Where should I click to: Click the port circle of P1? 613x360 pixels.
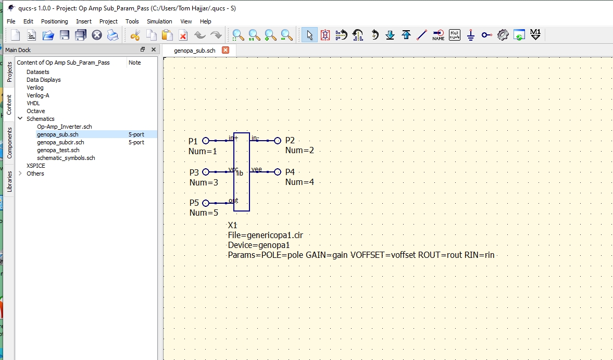[x=205, y=141]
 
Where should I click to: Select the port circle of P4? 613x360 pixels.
[x=278, y=172]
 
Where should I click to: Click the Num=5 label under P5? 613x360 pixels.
[x=204, y=213]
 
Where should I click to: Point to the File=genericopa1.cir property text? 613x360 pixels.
[x=265, y=235]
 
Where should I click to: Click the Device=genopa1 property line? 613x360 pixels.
[x=258, y=245]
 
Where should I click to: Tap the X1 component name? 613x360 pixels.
[x=232, y=225]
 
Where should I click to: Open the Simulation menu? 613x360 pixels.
[x=159, y=21]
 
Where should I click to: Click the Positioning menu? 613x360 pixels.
[x=54, y=21]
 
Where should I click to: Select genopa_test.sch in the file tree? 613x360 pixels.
[x=58, y=150]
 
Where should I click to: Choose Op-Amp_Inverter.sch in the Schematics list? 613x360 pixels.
[x=64, y=127]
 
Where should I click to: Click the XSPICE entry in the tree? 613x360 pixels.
[x=36, y=166]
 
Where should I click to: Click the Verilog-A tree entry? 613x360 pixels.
[x=38, y=95]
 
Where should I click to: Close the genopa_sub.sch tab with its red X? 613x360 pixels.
[x=226, y=50]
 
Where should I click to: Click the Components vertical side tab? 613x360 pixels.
[x=9, y=143]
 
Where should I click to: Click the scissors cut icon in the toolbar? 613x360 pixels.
[x=135, y=35]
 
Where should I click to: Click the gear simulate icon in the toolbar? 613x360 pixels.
[x=503, y=35]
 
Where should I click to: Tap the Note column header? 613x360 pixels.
[x=135, y=63]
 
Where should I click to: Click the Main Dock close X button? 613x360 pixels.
[x=154, y=49]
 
